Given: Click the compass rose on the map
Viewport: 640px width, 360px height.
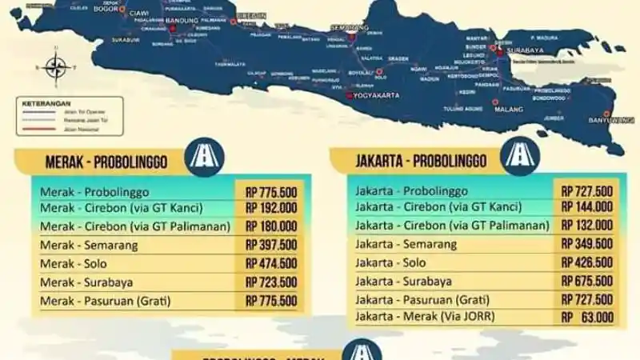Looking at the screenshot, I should pos(55,66).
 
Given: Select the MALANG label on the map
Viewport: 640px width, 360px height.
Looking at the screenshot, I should pos(510,114).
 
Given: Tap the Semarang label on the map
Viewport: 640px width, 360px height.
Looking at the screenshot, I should pos(350,27).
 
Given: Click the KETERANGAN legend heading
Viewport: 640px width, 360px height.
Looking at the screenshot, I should pos(46,103).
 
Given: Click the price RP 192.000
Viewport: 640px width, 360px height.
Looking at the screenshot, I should pos(271,208).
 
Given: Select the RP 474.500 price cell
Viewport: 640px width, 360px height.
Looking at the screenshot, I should pos(271,263).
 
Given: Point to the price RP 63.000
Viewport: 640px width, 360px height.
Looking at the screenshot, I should pos(588,318).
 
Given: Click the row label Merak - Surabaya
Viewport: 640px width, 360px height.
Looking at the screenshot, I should pos(86,282).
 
